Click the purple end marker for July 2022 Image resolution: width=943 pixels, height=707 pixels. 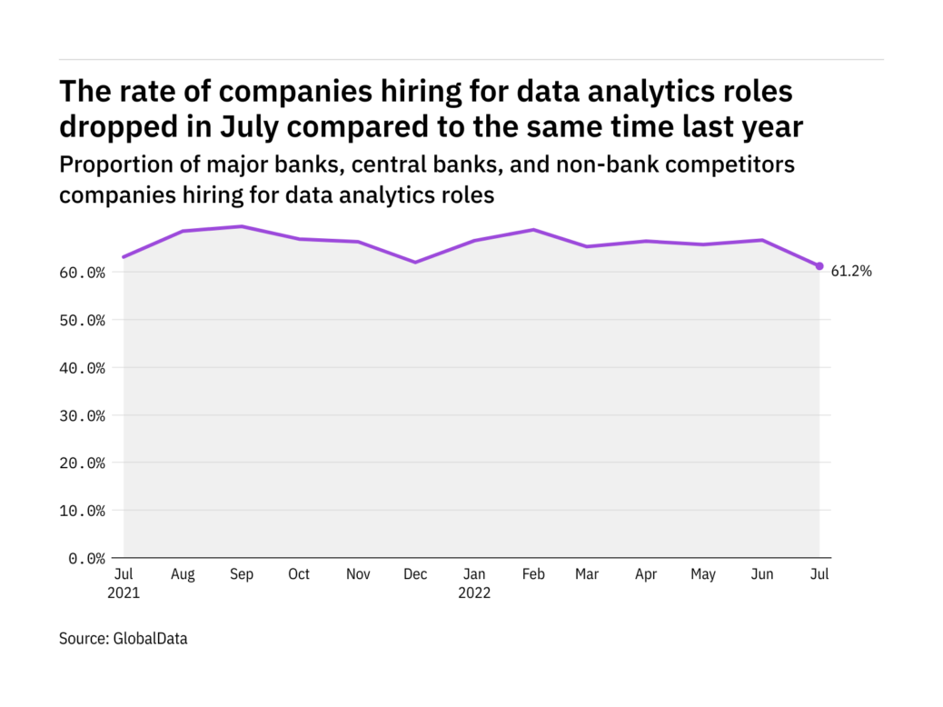819,266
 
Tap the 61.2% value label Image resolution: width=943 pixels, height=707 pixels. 852,270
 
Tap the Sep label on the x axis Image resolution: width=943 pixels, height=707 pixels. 241,574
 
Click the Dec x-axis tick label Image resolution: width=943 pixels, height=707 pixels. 415,574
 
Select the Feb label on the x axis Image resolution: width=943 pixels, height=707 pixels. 532,574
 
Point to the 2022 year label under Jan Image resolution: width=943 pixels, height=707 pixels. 474,593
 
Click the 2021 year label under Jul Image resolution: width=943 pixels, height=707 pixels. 124,593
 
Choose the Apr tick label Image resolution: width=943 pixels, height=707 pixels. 645,574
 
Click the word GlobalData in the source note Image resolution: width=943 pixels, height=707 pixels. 150,639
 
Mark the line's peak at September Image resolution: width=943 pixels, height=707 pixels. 241,226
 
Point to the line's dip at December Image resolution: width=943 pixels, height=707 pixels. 415,263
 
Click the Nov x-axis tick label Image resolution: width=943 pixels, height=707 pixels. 357,574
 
